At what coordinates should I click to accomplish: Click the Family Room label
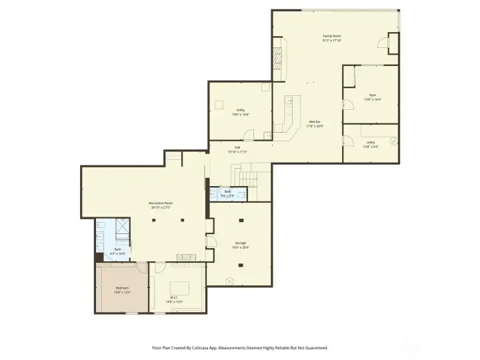pos(331,36)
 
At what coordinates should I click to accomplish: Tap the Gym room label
pos(372,95)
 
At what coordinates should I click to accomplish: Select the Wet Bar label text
pos(315,122)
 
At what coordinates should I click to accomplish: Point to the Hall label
pos(237,148)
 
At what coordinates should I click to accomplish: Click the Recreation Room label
pos(161,203)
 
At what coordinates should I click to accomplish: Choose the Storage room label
pos(240,243)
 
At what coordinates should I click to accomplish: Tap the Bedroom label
pos(122,287)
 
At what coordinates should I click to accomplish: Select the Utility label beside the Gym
pos(370,142)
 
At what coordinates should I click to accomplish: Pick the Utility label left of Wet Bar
pos(240,110)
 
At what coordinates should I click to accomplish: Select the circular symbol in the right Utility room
pos(393,141)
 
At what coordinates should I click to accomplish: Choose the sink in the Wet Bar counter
pos(289,102)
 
